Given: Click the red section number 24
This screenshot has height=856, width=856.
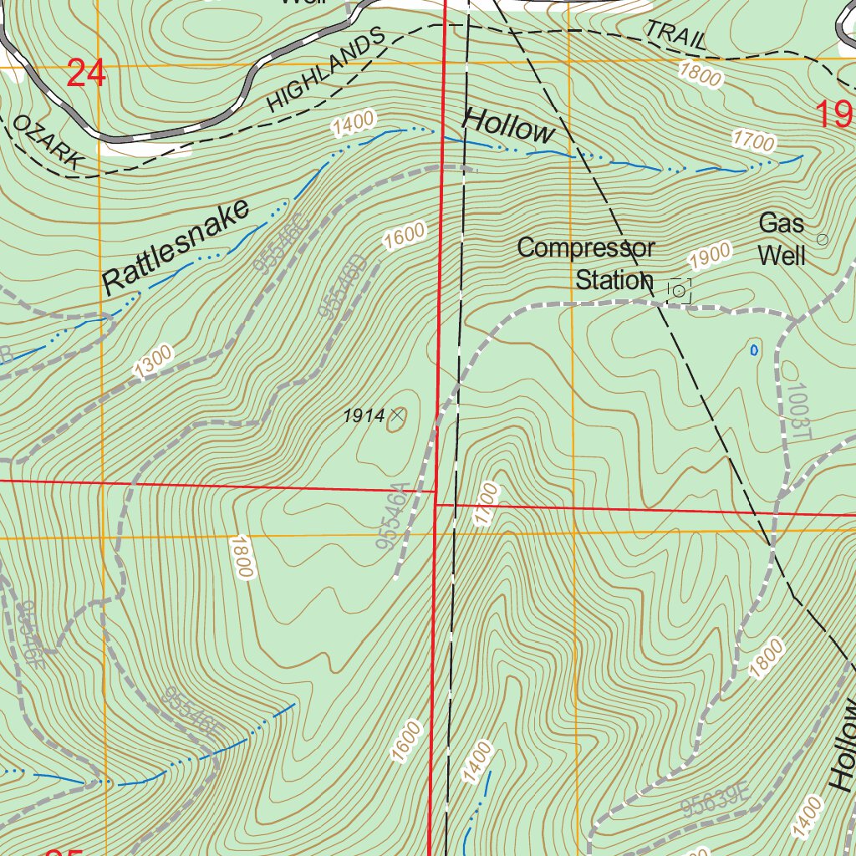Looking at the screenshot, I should tap(86, 74).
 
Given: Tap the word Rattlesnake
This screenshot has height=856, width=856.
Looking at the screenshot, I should tap(176, 247).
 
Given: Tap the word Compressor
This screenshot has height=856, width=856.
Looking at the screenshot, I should tap(585, 247).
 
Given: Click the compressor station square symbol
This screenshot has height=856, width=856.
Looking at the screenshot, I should tap(679, 291).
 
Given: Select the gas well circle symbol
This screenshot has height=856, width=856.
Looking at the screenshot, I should tap(822, 239).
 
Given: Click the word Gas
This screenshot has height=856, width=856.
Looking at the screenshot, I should tap(782, 223).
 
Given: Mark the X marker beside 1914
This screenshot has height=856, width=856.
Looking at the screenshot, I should tap(397, 414).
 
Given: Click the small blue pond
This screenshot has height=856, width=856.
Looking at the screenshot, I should tap(754, 349).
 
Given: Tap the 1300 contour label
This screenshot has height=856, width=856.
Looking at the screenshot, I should tap(153, 360).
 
